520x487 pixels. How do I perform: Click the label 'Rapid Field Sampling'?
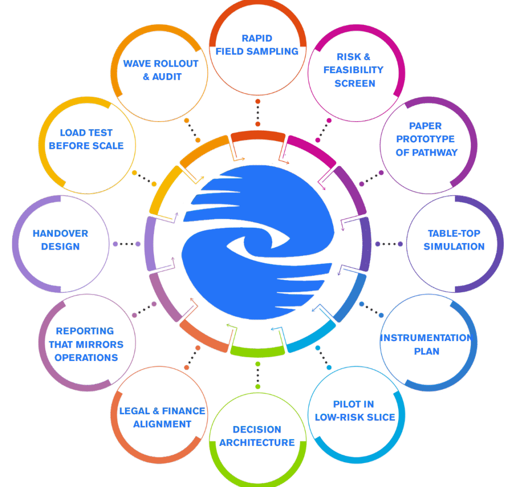[x=257, y=45]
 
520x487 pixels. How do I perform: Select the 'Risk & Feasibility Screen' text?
[x=355, y=70]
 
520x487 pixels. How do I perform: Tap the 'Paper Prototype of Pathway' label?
[x=426, y=139]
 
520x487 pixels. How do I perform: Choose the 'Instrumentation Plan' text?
[x=427, y=345]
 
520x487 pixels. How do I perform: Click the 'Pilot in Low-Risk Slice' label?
[x=355, y=411]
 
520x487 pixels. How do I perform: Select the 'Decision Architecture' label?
[x=257, y=436]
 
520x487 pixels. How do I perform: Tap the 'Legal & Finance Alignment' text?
[x=162, y=417]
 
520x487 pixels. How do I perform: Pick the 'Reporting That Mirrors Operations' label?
[x=86, y=344]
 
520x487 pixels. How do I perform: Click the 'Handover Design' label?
[x=60, y=240]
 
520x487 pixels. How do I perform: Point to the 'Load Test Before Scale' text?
[x=86, y=139]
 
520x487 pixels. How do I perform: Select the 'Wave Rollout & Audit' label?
[x=160, y=71]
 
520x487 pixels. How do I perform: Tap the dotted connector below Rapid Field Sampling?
[x=258, y=113]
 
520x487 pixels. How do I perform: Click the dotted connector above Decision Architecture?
[x=258, y=375]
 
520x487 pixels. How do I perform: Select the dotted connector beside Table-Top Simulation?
[x=388, y=244]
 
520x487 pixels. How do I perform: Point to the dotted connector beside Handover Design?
[x=126, y=244]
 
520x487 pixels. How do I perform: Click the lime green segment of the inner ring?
[x=257, y=350]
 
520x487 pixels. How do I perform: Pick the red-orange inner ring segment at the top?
[x=258, y=136]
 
